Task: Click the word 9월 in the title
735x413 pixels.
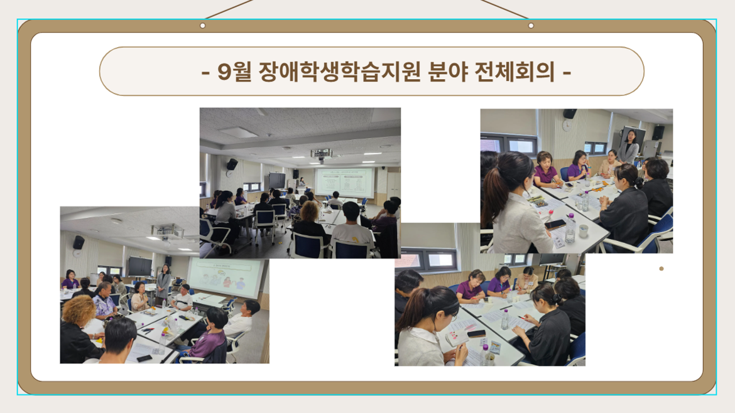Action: tap(235, 72)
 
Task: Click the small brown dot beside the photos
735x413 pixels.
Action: tap(661, 269)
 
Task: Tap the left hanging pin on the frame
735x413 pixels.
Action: tap(202, 26)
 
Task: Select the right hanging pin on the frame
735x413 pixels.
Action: tap(531, 26)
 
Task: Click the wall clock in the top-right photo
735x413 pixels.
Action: tap(567, 125)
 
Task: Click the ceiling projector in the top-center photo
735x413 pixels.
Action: tap(321, 153)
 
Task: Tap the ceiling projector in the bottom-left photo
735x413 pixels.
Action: tap(167, 232)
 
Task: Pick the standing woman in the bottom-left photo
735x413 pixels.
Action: tap(163, 283)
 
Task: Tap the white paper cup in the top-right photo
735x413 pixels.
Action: tap(582, 228)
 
